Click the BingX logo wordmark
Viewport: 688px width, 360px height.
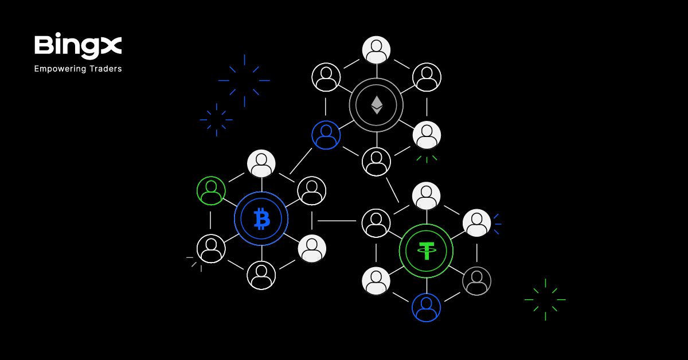click(78, 46)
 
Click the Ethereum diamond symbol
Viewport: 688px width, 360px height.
click(376, 104)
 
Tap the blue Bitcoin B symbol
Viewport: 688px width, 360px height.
click(261, 218)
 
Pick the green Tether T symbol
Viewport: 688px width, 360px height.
click(426, 251)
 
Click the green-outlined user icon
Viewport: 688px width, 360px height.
click(211, 190)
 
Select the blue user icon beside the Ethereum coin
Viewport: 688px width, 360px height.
click(326, 135)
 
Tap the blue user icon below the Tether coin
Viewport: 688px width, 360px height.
click(426, 307)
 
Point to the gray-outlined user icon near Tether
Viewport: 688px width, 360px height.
click(476, 281)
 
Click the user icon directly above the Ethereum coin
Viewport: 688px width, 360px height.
click(376, 50)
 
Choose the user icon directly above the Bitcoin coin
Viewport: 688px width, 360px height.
click(261, 163)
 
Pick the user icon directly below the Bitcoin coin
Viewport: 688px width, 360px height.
click(261, 275)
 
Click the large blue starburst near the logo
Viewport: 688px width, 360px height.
click(244, 81)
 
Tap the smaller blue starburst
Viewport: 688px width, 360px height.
click(216, 120)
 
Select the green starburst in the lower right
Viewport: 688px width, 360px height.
click(545, 299)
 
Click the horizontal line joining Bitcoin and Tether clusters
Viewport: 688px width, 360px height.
click(337, 221)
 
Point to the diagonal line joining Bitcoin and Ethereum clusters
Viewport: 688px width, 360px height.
click(301, 161)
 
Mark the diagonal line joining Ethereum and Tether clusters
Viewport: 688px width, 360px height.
click(392, 190)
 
